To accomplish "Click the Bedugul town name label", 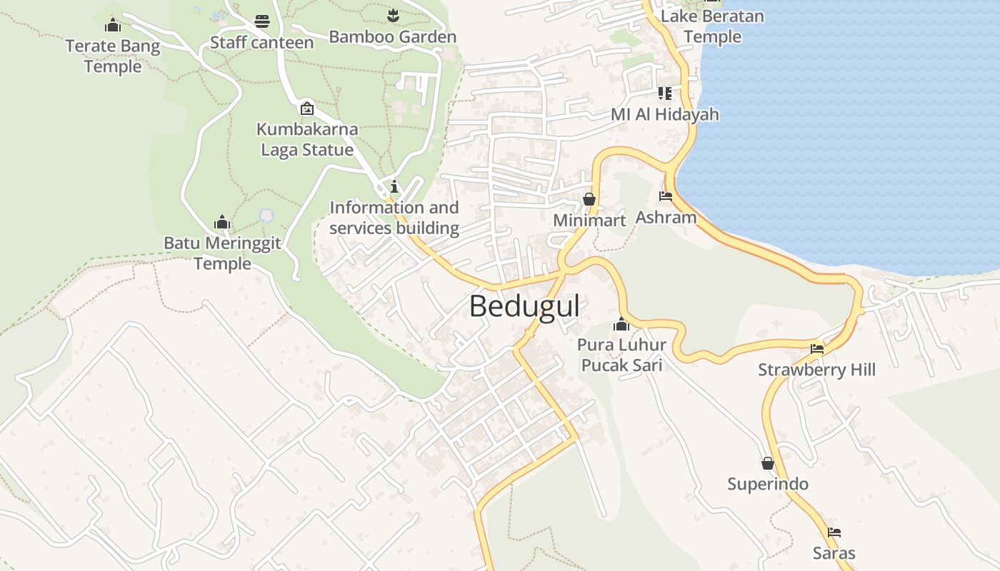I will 524,307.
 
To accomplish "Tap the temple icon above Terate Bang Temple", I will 112,26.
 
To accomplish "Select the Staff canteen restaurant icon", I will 262,21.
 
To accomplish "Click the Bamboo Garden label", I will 392,37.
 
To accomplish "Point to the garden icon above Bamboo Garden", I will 392,14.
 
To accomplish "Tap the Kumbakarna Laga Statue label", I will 307,140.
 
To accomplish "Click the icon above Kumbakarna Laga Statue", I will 307,108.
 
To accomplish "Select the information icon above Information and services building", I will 394,187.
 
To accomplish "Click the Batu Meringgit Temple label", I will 222,253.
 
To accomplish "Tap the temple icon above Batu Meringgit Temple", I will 222,222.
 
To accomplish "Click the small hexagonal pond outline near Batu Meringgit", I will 266,214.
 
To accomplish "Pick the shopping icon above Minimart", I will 589,199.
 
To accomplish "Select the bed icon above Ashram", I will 666,196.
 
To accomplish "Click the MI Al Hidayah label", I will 664,115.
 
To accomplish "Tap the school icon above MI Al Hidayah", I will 665,94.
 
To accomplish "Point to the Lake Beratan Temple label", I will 713,26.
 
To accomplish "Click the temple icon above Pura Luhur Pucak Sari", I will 621,324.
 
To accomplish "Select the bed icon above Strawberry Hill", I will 817,349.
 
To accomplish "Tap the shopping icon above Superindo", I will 768,463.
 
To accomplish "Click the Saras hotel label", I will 834,553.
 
